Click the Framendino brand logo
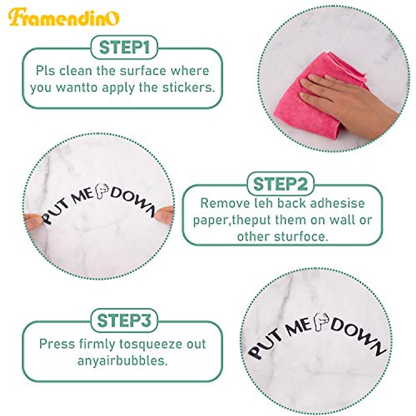64,17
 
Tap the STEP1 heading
124,47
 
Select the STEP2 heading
280,184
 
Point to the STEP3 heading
124,321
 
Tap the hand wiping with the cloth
347,101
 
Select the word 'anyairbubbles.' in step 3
123,361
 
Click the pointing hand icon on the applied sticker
321,322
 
